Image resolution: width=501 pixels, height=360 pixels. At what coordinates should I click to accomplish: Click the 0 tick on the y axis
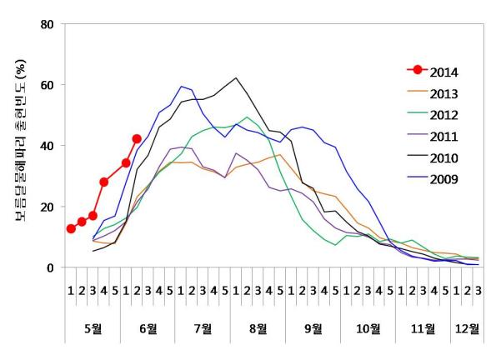[x=49, y=267]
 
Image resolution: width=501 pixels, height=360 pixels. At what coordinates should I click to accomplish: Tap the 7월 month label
[x=203, y=327]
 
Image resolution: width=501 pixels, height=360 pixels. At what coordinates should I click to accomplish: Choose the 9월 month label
[x=313, y=327]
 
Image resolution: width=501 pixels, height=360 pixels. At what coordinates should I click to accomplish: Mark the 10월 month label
[x=368, y=327]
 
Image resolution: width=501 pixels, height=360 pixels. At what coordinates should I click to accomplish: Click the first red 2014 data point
[x=71, y=229]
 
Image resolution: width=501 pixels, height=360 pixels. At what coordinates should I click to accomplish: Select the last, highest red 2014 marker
[x=137, y=139]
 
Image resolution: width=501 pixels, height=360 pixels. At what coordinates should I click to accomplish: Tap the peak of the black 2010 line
[x=236, y=78]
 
